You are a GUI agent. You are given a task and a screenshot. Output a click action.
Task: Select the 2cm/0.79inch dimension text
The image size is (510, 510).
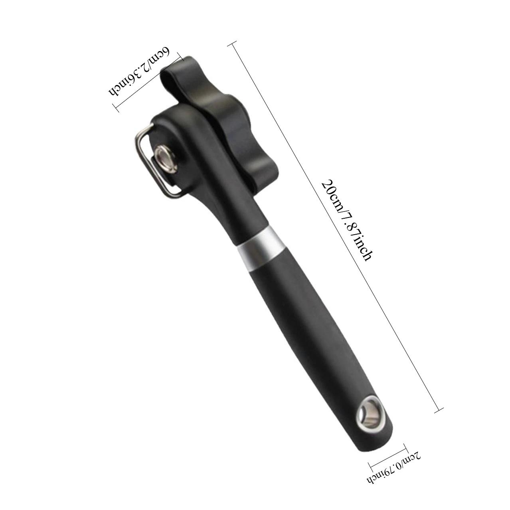point(395,466)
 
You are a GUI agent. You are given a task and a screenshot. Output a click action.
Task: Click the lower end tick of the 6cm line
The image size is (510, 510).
point(116,107)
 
